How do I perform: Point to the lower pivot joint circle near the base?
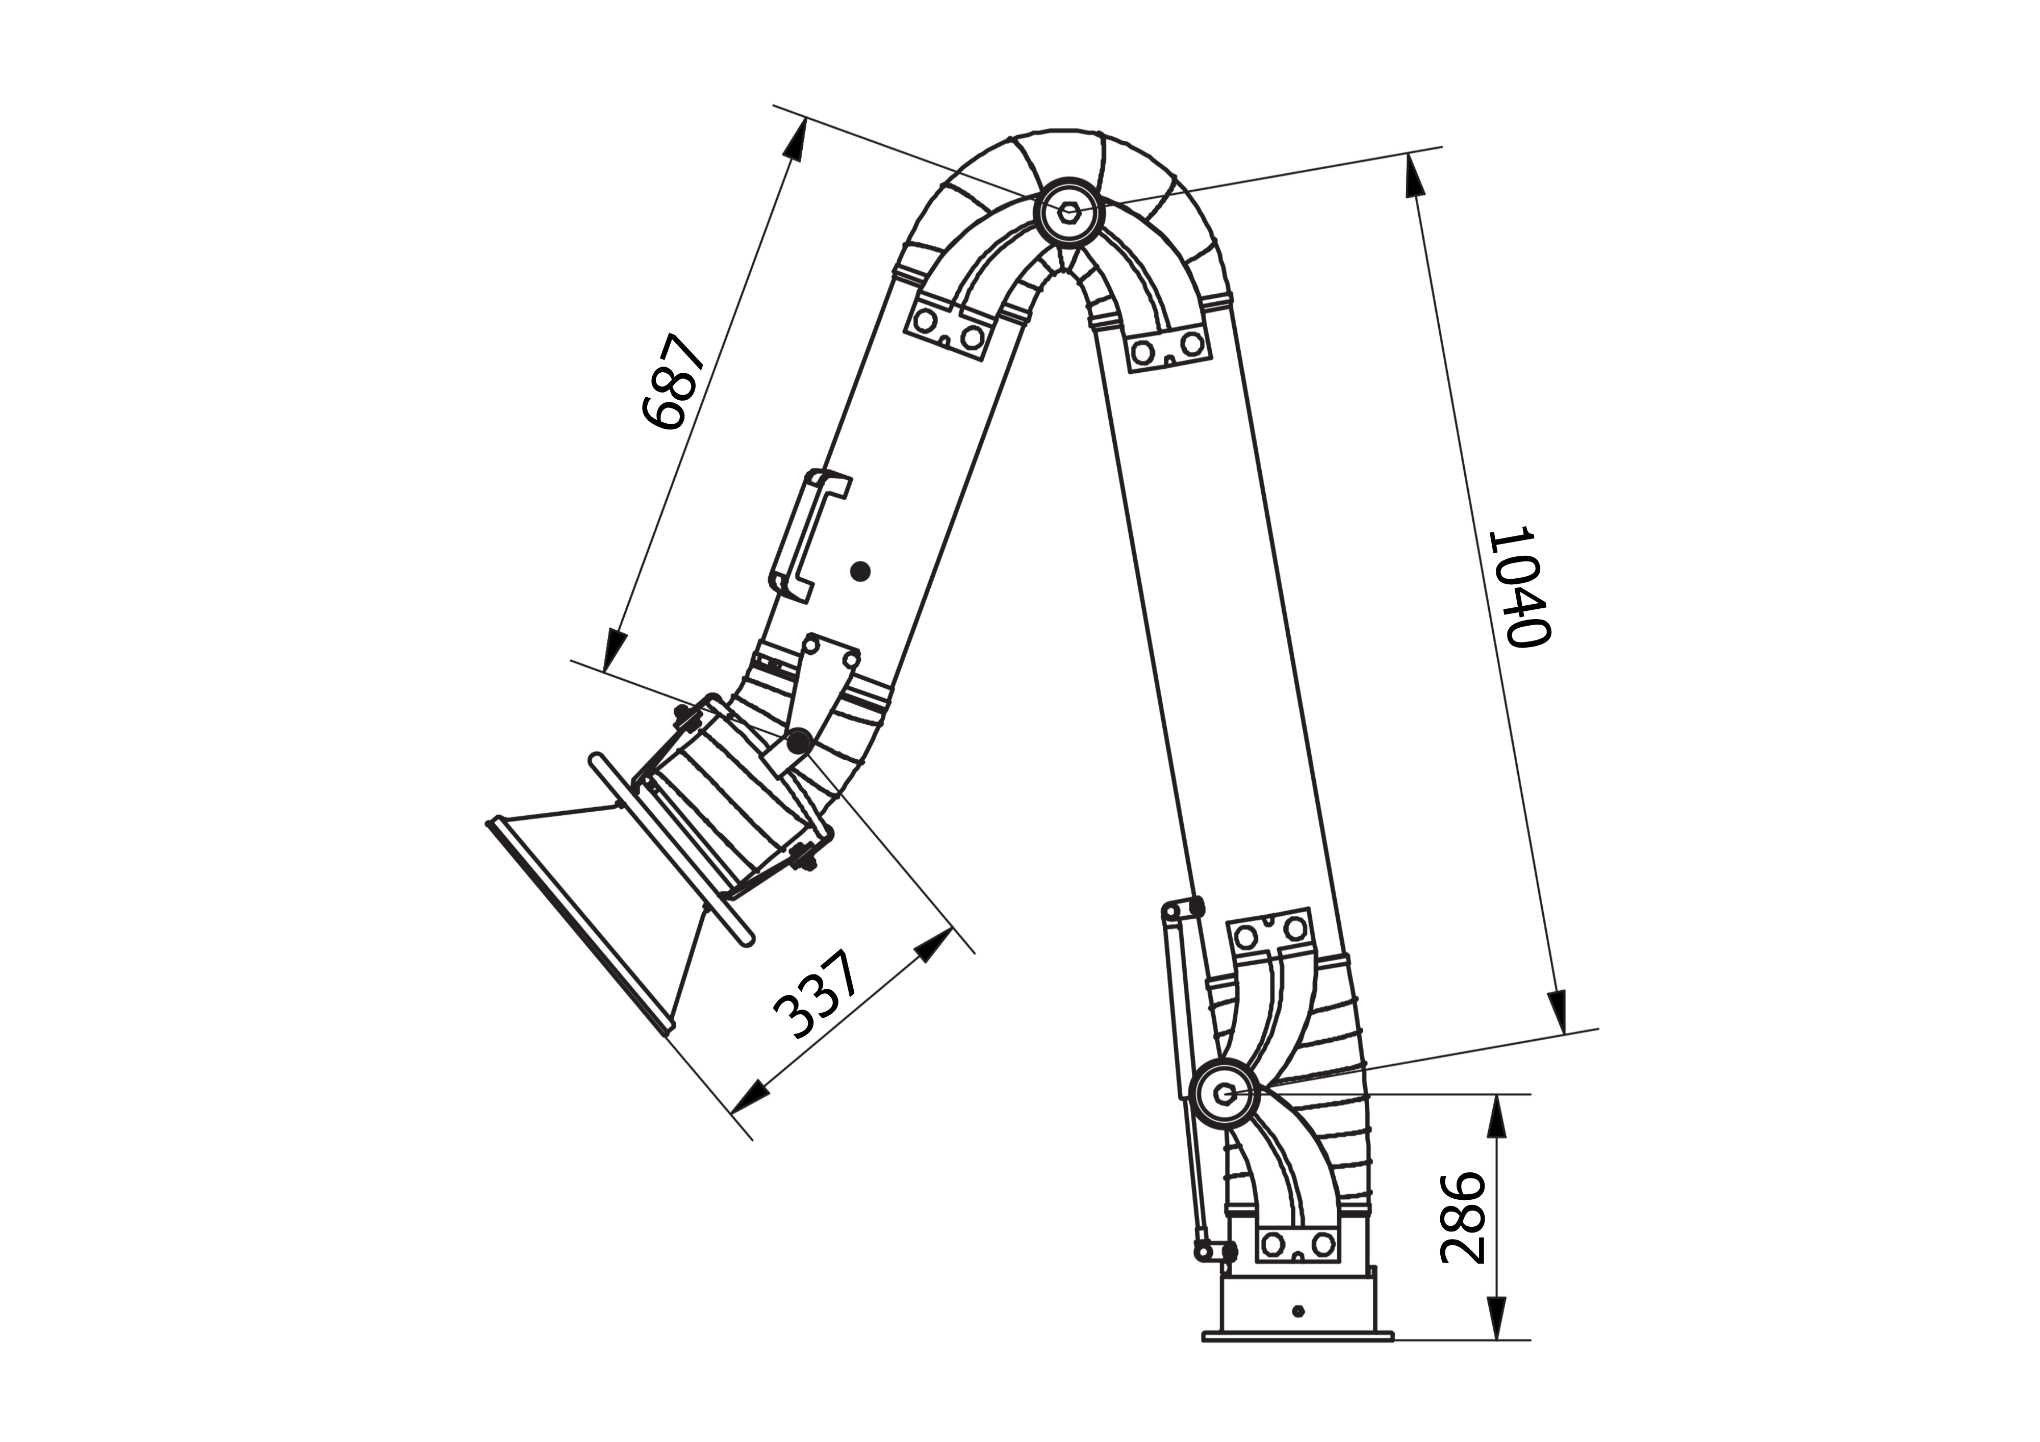1225,1095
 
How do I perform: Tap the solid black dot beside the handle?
859,571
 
